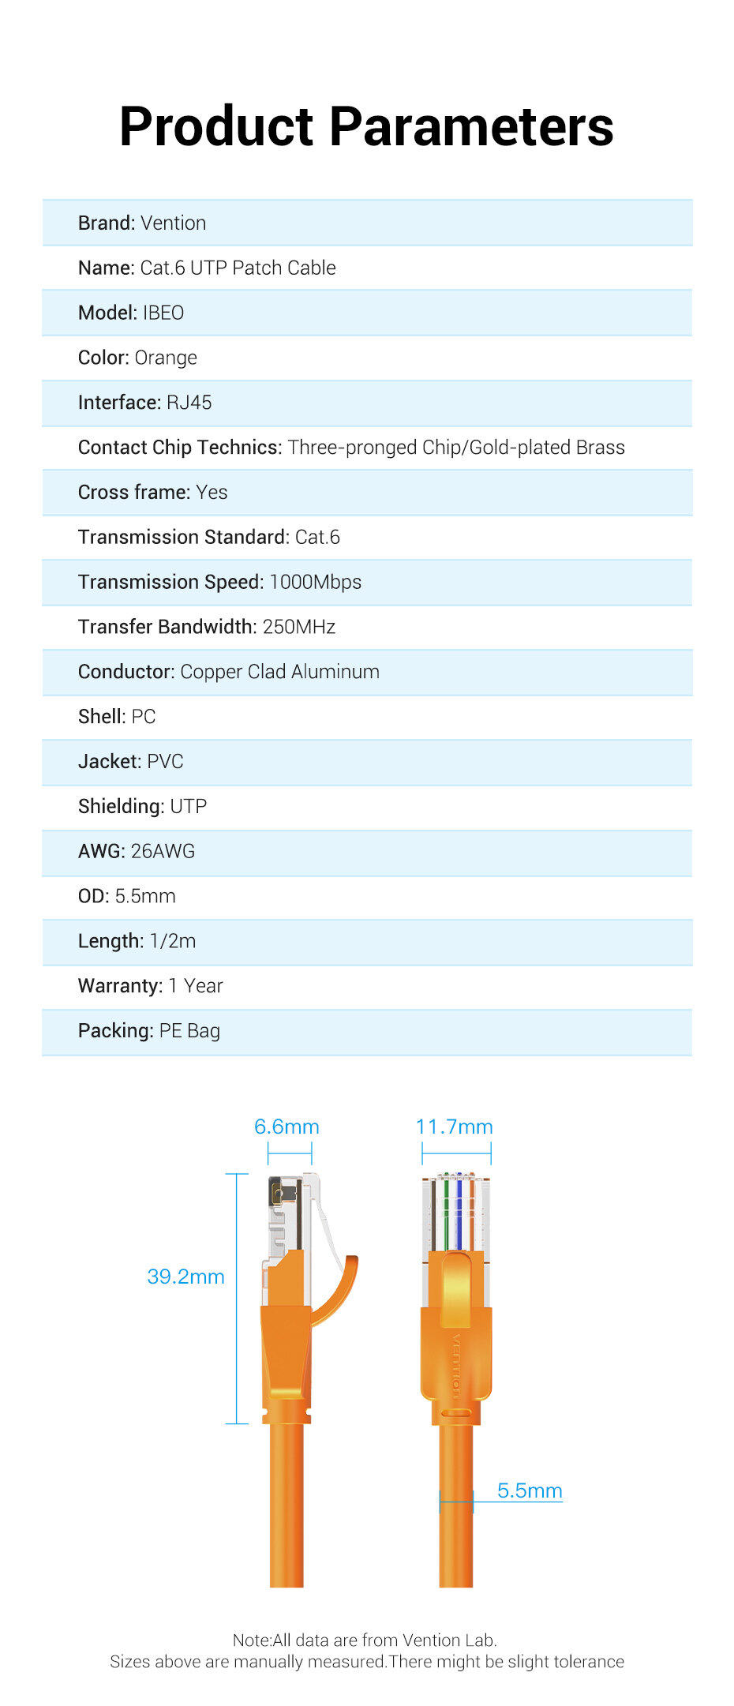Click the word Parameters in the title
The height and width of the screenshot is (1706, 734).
(470, 127)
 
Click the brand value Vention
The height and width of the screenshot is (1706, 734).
(174, 223)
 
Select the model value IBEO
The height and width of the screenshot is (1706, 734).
(163, 313)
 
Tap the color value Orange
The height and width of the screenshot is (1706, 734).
(166, 358)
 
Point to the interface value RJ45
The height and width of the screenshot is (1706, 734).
(189, 403)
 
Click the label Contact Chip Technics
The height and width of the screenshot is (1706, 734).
(180, 448)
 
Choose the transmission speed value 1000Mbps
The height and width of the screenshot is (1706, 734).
(316, 583)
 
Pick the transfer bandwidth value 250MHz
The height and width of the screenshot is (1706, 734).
(299, 627)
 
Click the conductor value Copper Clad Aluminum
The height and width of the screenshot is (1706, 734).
(280, 672)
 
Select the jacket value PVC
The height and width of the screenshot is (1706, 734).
(165, 762)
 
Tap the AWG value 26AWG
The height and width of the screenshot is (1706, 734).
(163, 851)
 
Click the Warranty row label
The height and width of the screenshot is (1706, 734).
(120, 986)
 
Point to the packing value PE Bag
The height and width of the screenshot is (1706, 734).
(189, 1031)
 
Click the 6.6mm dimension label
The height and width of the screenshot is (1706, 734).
(286, 1127)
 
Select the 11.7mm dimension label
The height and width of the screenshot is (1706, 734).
(455, 1127)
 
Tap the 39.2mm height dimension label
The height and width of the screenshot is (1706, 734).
(186, 1277)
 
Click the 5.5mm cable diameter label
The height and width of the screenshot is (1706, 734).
(530, 1490)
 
